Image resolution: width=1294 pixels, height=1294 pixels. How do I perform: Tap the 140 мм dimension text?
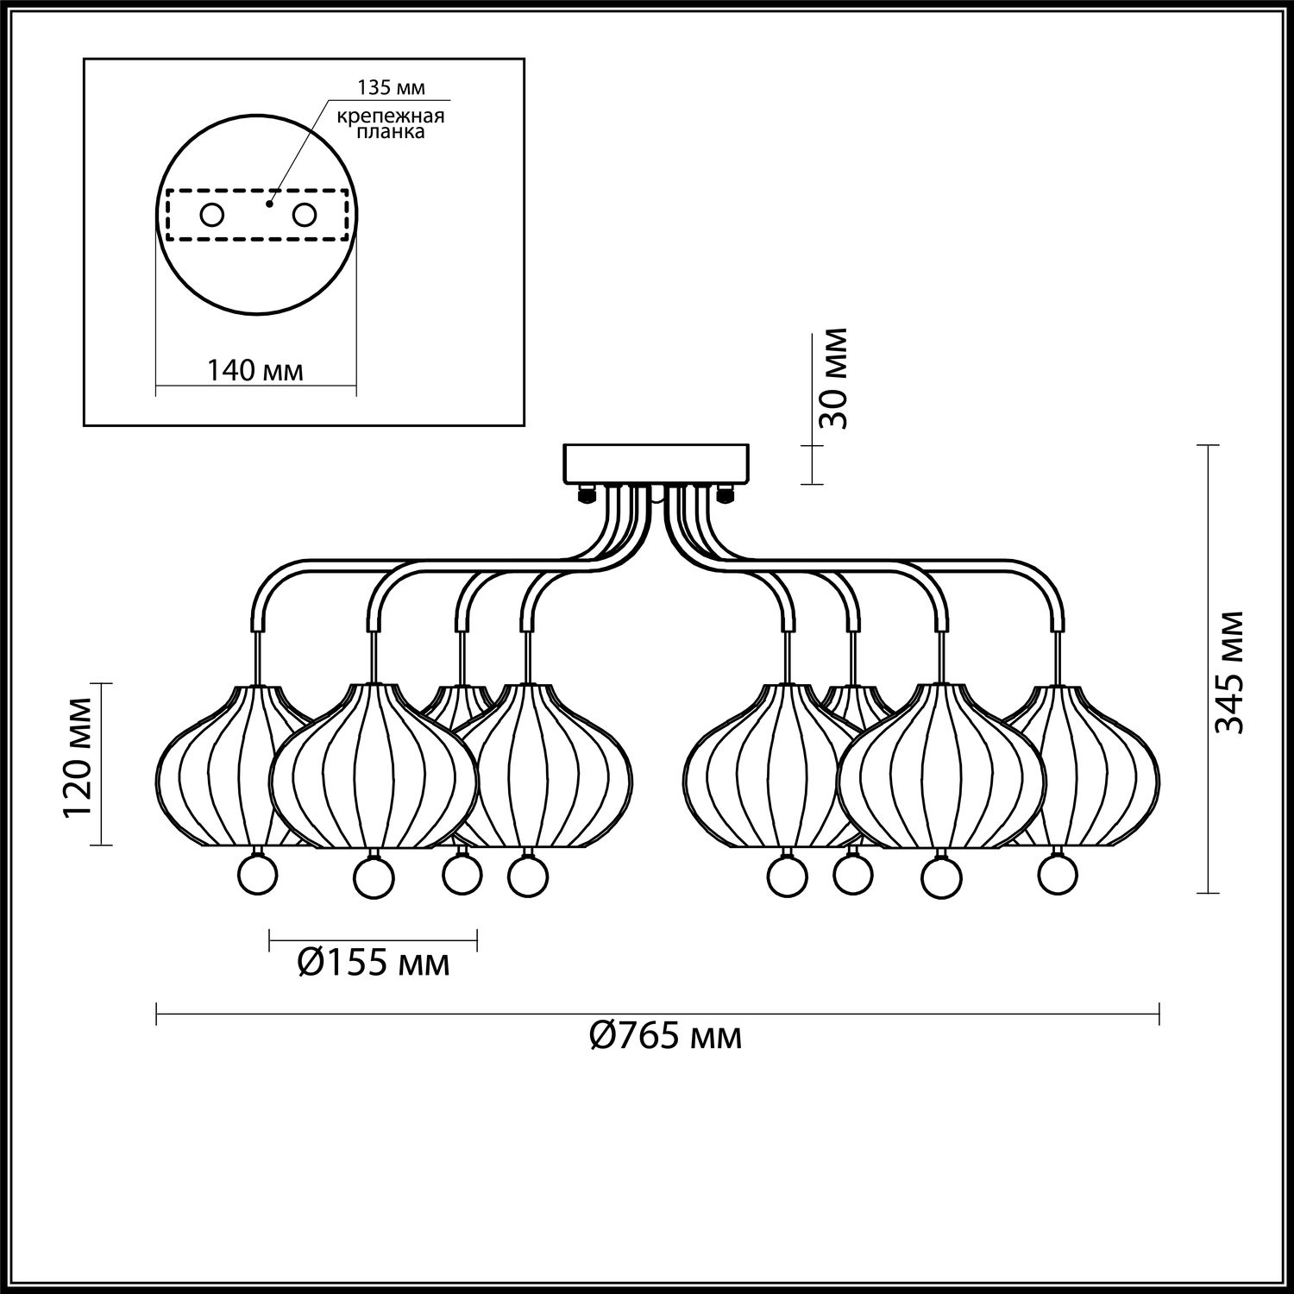[x=254, y=371]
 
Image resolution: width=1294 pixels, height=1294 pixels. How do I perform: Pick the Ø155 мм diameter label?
[x=374, y=961]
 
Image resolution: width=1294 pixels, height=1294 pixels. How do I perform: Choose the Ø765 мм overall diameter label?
[x=665, y=1034]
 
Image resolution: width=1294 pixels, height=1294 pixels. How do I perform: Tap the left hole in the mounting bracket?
[x=211, y=214]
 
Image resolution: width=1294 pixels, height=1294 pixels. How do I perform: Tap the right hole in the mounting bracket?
[x=304, y=214]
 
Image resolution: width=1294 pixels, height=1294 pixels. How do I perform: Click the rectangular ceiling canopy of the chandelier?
[x=656, y=464]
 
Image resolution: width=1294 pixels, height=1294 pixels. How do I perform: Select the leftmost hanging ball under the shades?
[x=257, y=873]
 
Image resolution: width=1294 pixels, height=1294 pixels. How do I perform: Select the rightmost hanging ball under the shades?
[x=1058, y=873]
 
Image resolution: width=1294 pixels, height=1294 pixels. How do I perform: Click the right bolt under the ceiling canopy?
[x=723, y=494]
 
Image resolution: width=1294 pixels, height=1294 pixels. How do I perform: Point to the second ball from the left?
[x=374, y=877]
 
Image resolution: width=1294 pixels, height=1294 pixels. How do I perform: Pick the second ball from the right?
[x=941, y=877]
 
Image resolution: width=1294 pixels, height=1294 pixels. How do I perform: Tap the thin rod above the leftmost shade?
[x=256, y=660]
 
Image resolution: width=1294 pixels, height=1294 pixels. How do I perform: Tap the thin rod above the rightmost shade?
[x=1056, y=660]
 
